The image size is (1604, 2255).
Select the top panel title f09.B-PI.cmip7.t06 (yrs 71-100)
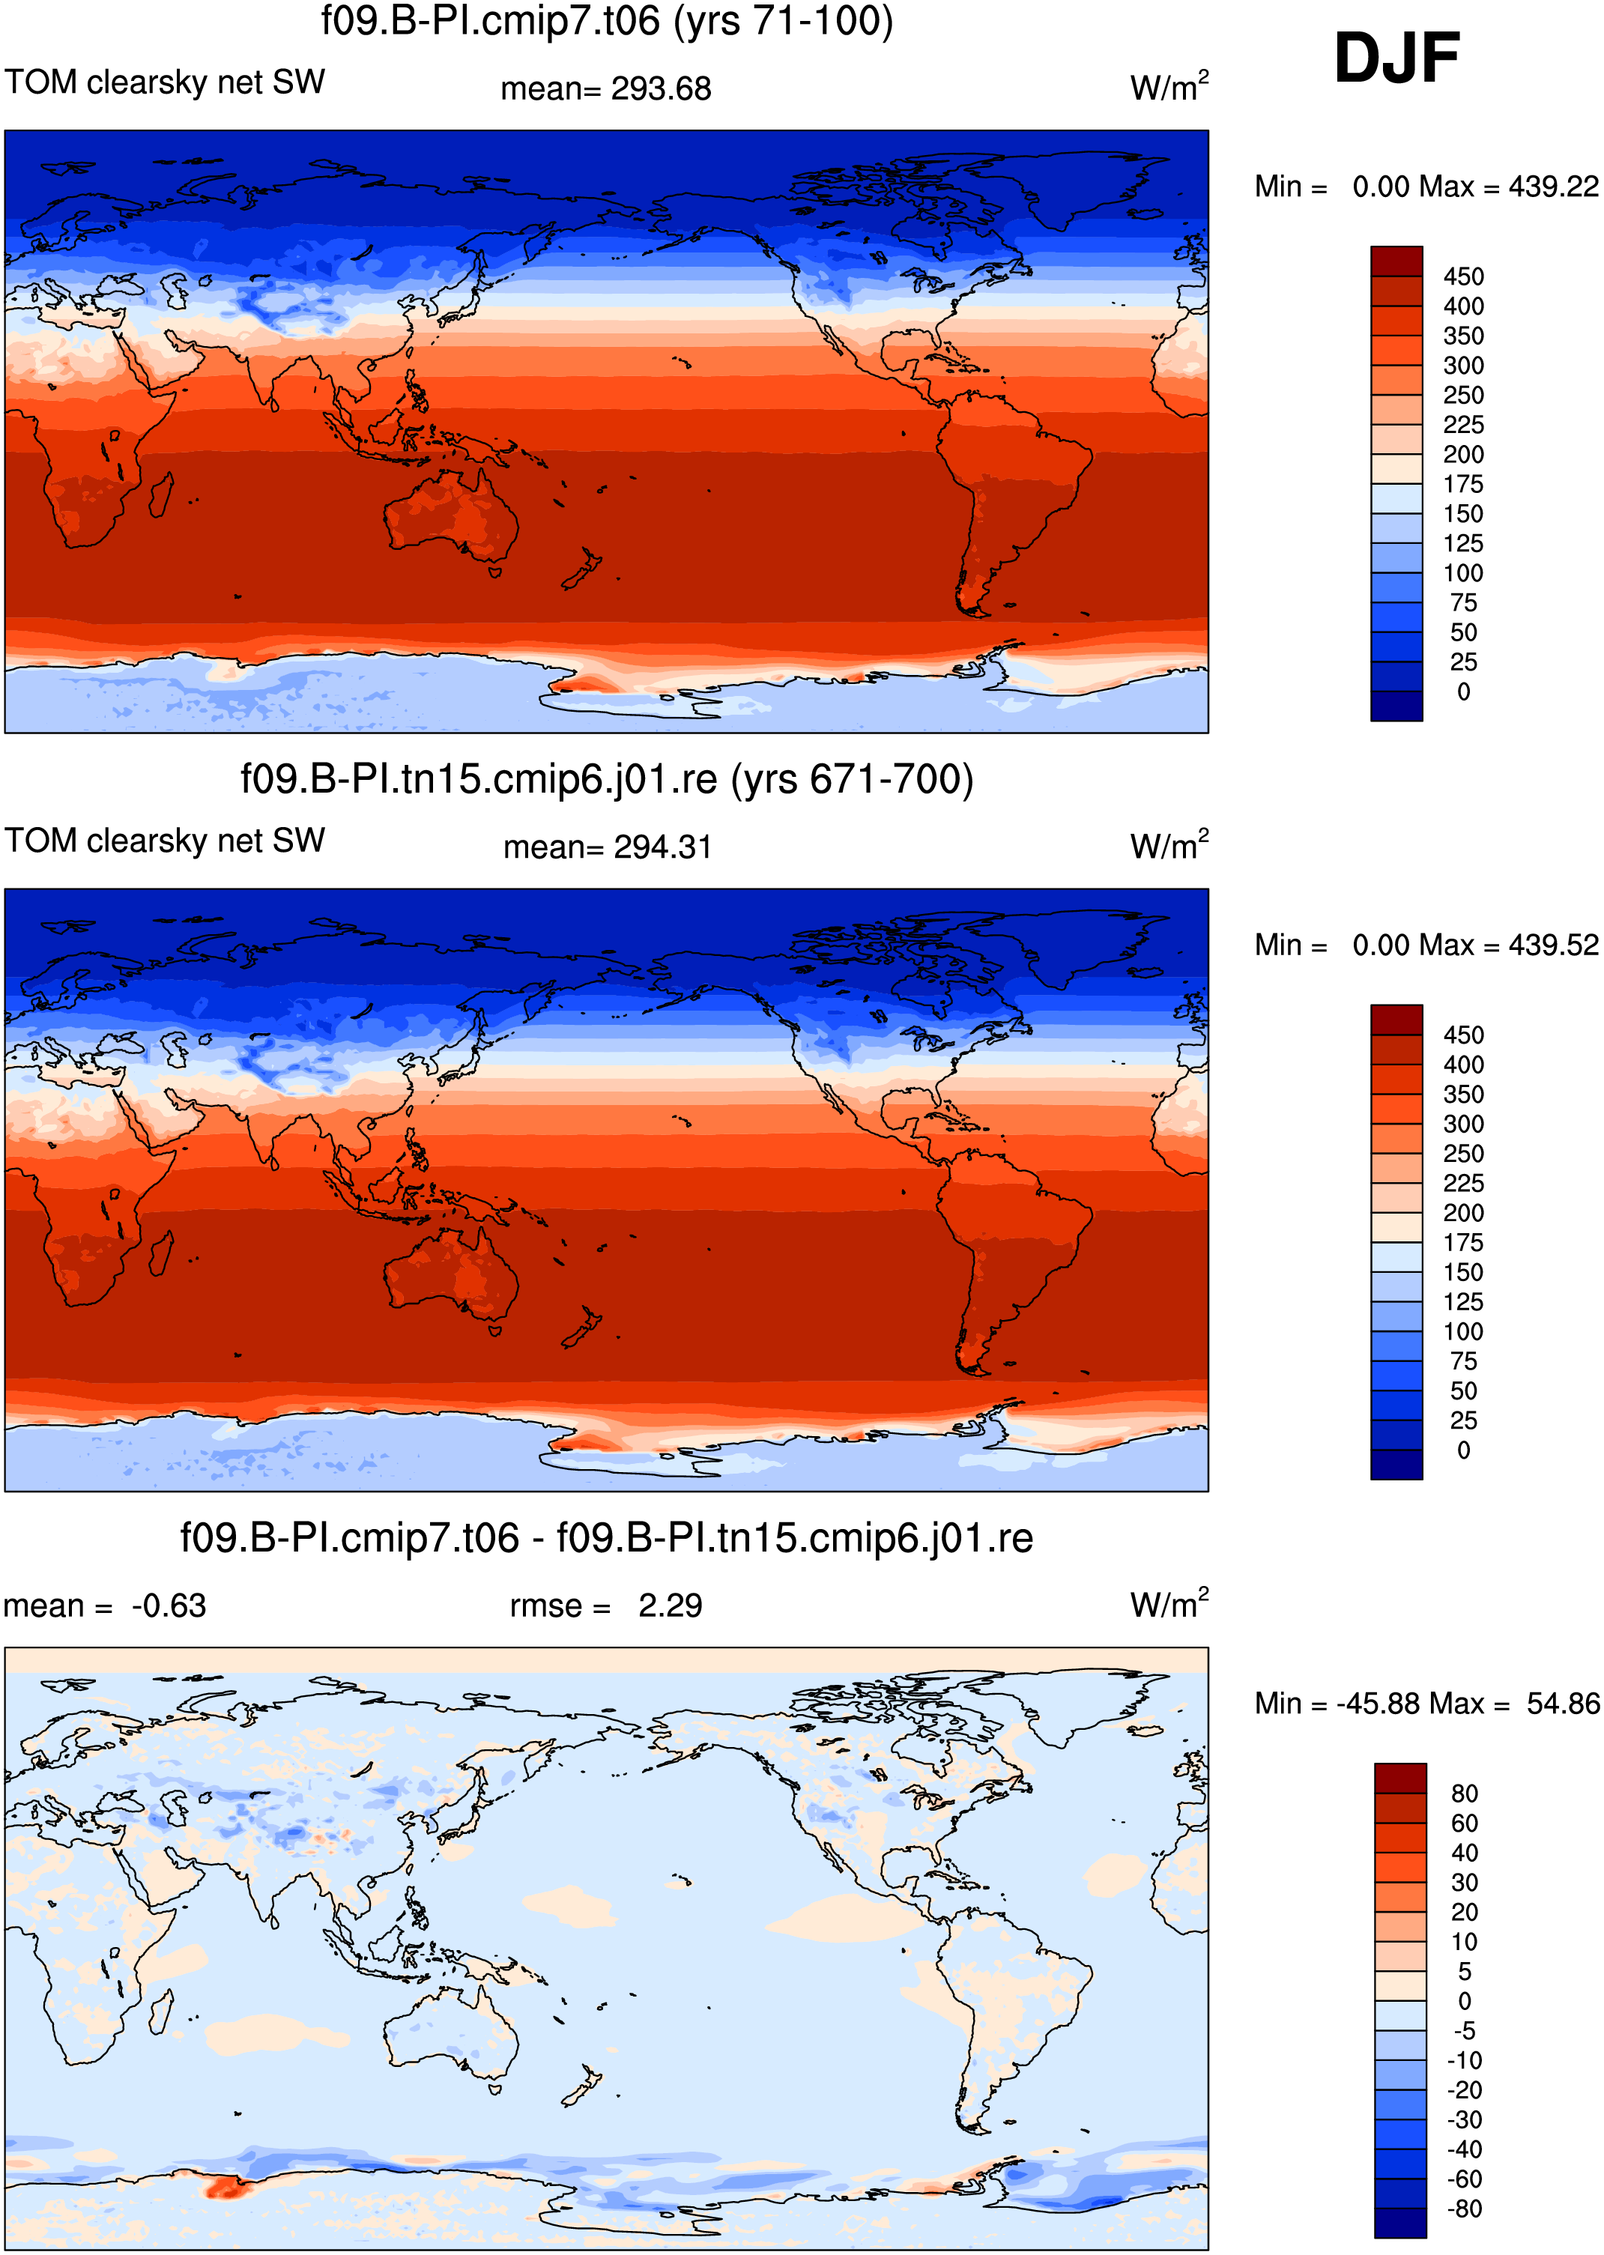click(606, 21)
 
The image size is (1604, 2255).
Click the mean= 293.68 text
click(605, 89)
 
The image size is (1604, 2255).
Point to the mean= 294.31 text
click(608, 847)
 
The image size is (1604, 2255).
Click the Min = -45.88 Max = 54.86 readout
click(1427, 1704)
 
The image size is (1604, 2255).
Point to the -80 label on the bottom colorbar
click(1464, 2209)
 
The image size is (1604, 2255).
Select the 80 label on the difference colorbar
click(1465, 1794)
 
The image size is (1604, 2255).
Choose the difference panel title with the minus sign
click(606, 1538)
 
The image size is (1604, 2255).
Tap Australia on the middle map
click(451, 1272)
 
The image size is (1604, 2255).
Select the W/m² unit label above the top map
click(1169, 86)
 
